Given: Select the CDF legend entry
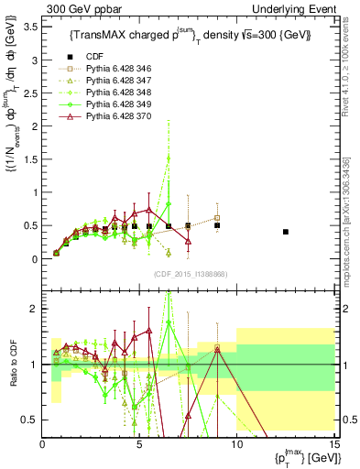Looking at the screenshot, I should coord(107,56).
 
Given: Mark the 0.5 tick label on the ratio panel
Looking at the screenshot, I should coord(30,420).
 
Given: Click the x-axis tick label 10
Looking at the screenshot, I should coord(236,445).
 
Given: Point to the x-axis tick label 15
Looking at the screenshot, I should coord(333,445).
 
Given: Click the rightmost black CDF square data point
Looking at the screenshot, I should coord(286,232).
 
